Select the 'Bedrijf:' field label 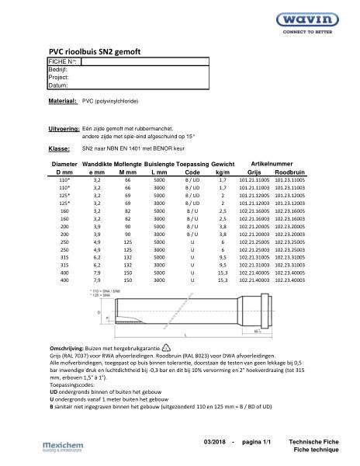click(59, 69)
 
